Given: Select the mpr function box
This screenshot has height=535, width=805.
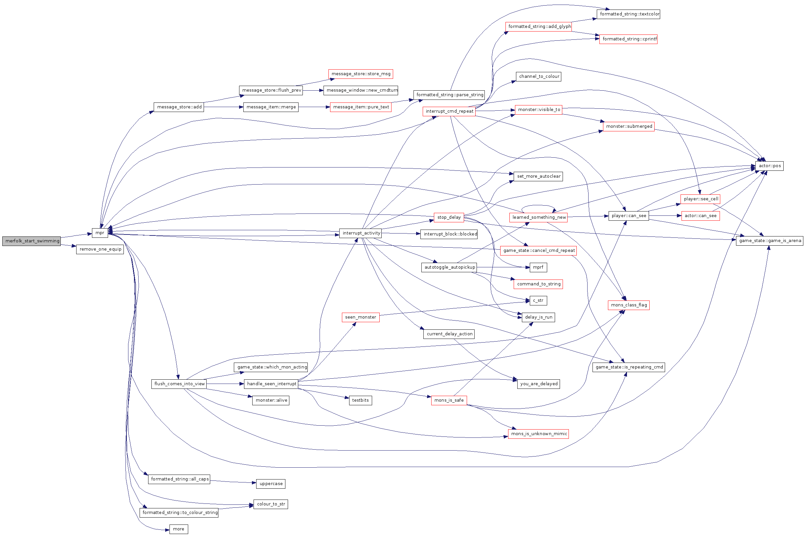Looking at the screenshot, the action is point(100,233).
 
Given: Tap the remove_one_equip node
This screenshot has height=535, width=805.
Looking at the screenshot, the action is point(100,249).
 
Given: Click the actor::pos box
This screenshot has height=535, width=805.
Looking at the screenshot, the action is point(769,166).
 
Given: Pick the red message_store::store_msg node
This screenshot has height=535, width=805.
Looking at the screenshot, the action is point(361,74).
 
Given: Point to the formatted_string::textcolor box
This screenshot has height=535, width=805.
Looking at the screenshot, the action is point(628,14).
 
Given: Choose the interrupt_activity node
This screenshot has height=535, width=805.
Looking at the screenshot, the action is point(360,233).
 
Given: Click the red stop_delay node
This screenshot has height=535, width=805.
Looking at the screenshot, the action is point(449,217).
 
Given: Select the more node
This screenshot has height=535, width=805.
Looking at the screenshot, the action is point(178,529).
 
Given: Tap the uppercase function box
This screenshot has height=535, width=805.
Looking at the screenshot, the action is point(271,483).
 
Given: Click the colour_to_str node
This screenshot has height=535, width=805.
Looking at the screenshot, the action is point(271,504).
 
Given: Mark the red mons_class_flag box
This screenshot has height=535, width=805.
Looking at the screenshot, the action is point(629,305).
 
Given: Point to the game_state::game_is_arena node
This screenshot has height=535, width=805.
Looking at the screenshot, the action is point(770,240).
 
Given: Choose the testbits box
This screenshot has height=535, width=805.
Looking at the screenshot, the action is point(360,400).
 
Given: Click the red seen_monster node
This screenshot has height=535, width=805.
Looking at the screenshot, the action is point(361,317).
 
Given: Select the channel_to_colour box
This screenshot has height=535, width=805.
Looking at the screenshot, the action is point(539,77).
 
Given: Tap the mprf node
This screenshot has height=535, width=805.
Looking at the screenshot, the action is point(538,267).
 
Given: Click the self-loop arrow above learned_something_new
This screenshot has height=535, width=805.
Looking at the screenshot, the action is point(538,205).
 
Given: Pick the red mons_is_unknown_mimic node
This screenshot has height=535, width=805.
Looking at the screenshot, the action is point(539,434).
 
